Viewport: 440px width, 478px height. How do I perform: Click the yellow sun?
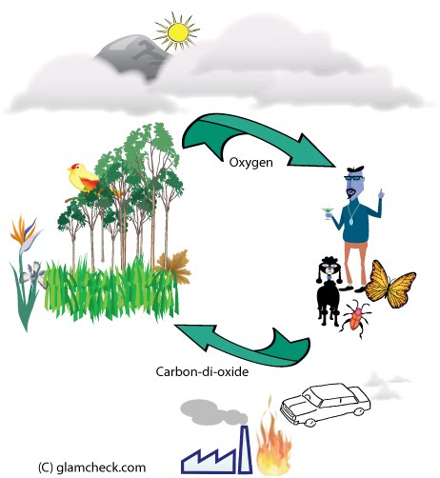tap(178, 31)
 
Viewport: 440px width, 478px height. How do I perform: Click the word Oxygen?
tap(250, 163)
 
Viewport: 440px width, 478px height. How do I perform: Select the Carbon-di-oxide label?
tap(202, 371)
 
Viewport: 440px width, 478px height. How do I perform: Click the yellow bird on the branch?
tap(83, 178)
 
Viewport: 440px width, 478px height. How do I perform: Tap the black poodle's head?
tap(330, 269)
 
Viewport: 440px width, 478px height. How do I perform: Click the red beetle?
tap(357, 320)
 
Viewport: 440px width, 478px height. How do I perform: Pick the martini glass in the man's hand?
tap(328, 212)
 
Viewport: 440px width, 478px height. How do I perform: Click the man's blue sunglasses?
tap(354, 178)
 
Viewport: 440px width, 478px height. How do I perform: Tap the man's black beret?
tap(355, 169)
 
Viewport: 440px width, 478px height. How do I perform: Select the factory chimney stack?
tap(245, 449)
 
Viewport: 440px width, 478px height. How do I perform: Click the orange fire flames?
tap(273, 445)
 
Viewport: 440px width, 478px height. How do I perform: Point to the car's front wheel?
tap(308, 422)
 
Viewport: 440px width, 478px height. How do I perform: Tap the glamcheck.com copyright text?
tap(92, 468)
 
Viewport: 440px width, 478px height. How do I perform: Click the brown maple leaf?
tap(174, 266)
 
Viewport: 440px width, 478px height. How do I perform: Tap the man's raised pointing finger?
tap(381, 192)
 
